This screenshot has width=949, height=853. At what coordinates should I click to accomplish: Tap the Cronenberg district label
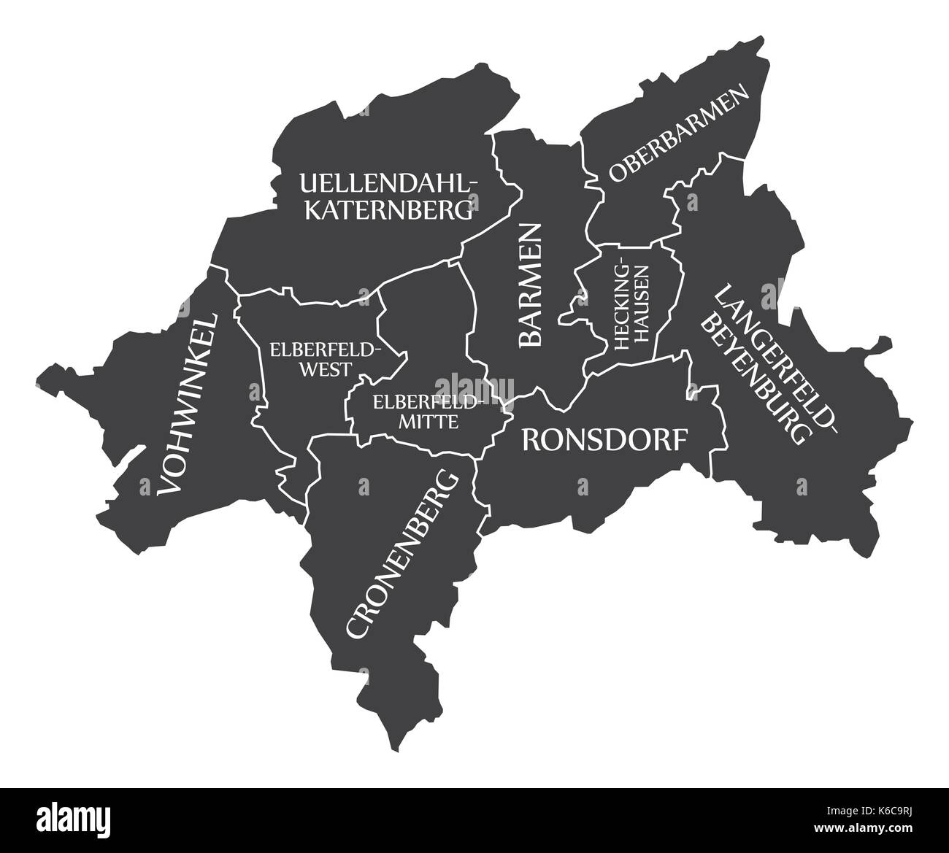tap(403, 555)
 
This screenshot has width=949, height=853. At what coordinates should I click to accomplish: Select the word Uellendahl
tap(388, 182)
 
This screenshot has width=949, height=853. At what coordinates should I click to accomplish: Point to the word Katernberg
tap(388, 211)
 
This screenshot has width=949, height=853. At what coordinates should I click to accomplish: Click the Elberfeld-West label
tap(324, 358)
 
